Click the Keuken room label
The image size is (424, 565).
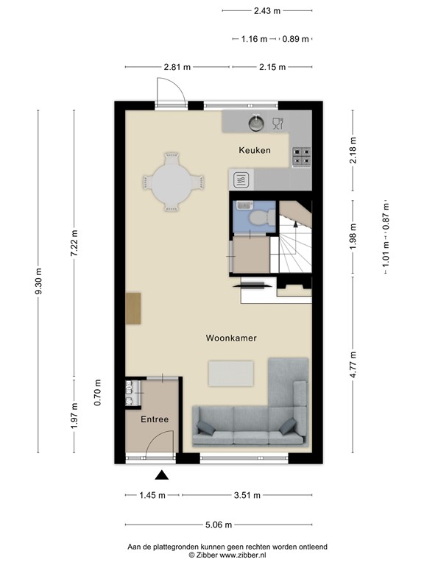(x=254, y=150)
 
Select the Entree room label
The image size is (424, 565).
(x=155, y=419)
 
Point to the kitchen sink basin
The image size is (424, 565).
(x=257, y=122)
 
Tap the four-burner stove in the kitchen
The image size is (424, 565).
(x=302, y=156)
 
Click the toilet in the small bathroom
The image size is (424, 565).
(x=258, y=218)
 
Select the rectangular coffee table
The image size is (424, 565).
(x=231, y=373)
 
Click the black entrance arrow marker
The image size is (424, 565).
(x=161, y=477)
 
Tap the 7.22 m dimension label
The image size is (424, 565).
(x=74, y=243)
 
